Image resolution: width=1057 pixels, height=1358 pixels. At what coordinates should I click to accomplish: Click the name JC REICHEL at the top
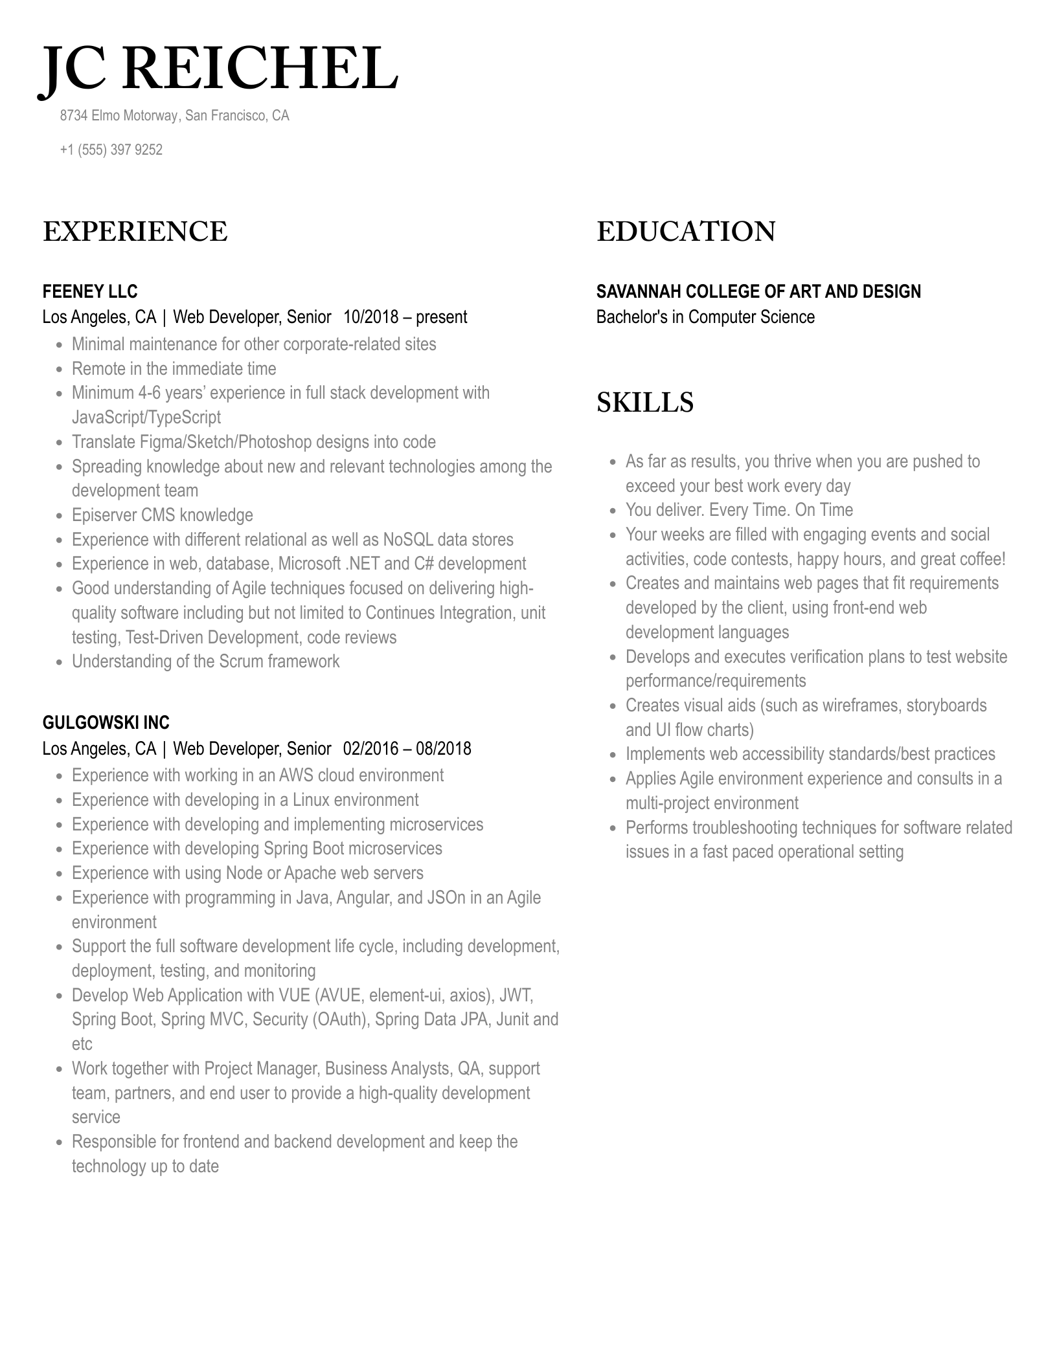(x=219, y=69)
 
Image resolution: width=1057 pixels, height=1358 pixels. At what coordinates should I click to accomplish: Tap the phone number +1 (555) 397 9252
(x=111, y=150)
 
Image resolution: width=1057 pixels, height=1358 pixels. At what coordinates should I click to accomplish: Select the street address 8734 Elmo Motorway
(x=119, y=116)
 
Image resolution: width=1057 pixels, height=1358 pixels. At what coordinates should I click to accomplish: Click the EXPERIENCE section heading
(x=135, y=232)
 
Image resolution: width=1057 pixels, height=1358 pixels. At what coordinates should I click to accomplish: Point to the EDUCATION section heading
(x=685, y=232)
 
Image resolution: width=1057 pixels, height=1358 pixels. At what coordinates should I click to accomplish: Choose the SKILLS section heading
(x=644, y=402)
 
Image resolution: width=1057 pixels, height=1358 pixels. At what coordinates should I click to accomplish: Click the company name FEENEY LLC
(x=90, y=291)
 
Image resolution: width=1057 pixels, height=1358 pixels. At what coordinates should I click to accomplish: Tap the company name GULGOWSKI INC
(x=106, y=722)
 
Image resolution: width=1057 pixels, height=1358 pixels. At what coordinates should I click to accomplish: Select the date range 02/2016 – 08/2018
(x=407, y=749)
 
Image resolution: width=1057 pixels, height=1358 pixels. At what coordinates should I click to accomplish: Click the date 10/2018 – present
(x=405, y=317)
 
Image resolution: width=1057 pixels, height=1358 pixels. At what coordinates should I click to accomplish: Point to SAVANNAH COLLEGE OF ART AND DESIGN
(x=758, y=291)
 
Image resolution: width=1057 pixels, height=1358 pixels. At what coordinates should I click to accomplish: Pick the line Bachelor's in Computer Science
(x=705, y=317)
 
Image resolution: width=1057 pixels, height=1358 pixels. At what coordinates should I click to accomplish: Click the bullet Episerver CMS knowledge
(x=162, y=515)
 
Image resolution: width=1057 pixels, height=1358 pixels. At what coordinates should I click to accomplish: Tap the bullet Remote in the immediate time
(x=174, y=369)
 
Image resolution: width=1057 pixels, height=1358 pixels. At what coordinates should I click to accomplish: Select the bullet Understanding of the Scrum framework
(x=205, y=662)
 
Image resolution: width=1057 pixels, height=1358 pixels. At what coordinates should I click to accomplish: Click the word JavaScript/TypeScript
(x=146, y=417)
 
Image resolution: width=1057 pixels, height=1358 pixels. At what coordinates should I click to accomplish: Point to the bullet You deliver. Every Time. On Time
(x=738, y=510)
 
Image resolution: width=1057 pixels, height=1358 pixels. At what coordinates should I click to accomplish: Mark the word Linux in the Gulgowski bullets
(x=312, y=800)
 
